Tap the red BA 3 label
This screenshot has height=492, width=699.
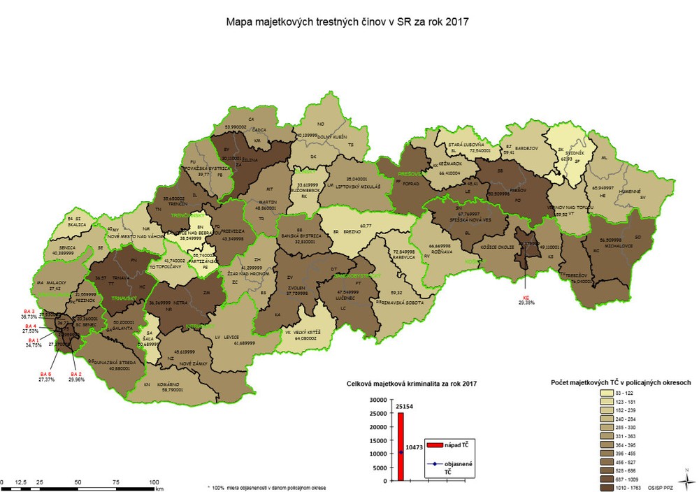pyautogui.click(x=29, y=310)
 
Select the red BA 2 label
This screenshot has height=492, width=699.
pyautogui.click(x=75, y=374)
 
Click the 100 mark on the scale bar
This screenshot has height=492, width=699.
pyautogui.click(x=154, y=482)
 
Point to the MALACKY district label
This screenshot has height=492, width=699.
pyautogui.click(x=56, y=282)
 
